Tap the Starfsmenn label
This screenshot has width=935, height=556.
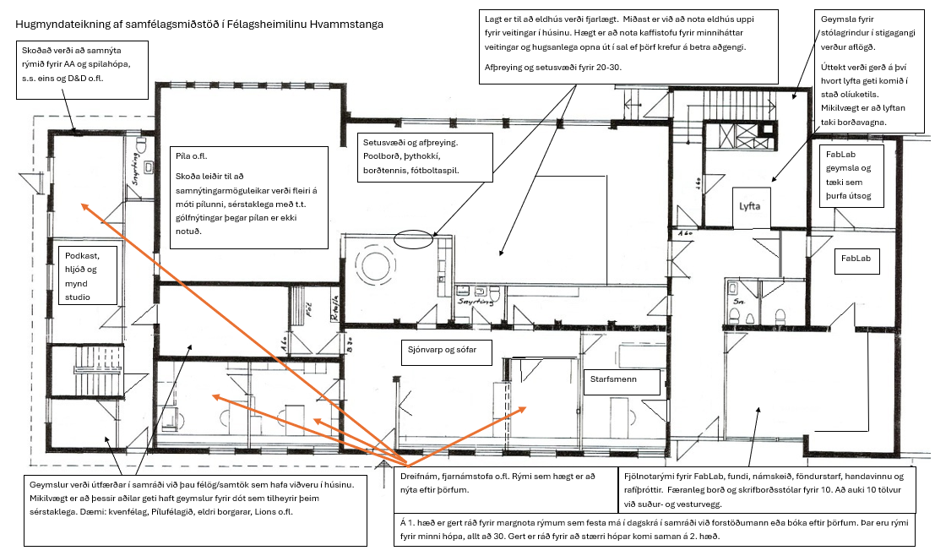tap(613, 380)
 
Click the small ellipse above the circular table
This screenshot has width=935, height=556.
tap(413, 239)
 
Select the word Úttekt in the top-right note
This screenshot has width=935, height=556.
tap(835, 65)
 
